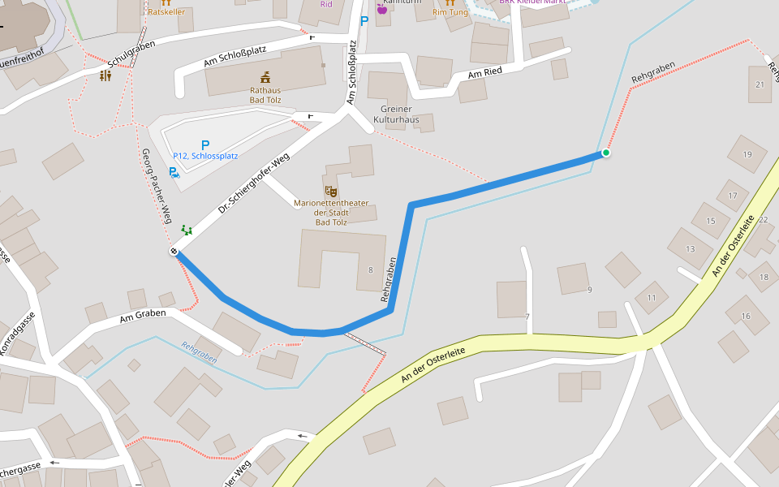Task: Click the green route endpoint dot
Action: coord(606,153)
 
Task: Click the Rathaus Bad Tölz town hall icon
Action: coord(265,77)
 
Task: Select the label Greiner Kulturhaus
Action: coord(395,114)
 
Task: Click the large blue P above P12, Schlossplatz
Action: coord(204,144)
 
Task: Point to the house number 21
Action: coord(760,84)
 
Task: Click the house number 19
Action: coord(747,154)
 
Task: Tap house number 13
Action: coord(691,249)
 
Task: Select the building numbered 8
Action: coord(370,270)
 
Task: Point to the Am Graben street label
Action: coord(142,314)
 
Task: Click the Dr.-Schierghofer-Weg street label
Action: coord(253,186)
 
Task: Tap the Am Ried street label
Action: coord(485,74)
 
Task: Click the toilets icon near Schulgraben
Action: coord(105,75)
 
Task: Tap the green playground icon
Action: coord(187,230)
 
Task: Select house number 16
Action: coord(746,316)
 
